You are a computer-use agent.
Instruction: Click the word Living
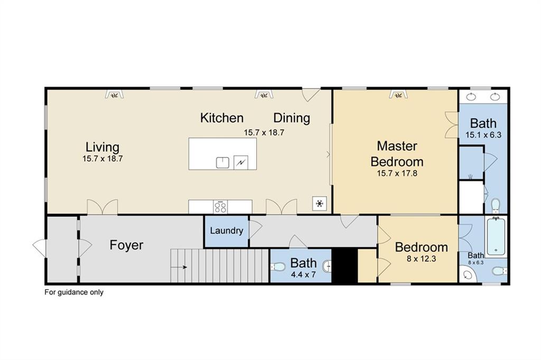102,147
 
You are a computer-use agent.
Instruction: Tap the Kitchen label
221,118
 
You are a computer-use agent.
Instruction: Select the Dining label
291,118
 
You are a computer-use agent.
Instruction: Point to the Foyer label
126,245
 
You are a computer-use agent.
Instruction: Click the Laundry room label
226,231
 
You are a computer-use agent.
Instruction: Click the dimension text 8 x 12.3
421,259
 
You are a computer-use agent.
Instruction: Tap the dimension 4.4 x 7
303,274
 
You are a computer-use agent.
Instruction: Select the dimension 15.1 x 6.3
483,135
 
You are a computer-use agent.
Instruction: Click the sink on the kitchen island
222,162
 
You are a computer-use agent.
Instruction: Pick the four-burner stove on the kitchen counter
220,207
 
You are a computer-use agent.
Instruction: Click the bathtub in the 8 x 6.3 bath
496,236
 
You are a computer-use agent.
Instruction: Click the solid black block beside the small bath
348,266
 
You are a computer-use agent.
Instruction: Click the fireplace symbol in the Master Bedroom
397,94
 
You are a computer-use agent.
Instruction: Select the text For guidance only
73,292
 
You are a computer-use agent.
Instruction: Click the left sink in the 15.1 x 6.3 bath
470,97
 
